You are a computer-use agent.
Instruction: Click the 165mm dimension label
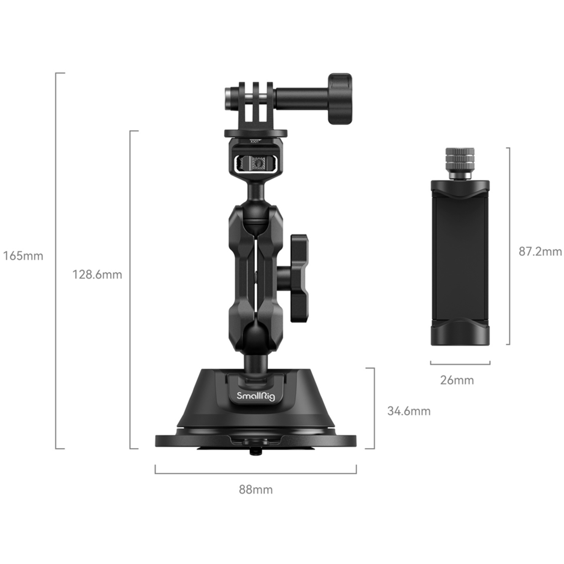pos(23,256)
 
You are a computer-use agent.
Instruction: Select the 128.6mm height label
pos(97,274)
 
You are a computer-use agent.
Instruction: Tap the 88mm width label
pos(256,490)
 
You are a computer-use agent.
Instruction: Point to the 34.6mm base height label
pos(409,411)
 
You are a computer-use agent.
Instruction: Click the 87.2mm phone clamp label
pos(540,252)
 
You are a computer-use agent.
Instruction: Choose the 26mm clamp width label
pos(457,380)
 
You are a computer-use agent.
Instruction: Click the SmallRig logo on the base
pos(256,396)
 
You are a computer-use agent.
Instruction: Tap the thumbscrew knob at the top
pos(340,99)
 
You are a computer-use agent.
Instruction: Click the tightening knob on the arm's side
pos(299,278)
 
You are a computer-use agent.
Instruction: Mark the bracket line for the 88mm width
pos(256,473)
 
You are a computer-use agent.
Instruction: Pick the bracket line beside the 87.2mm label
pos(509,246)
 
